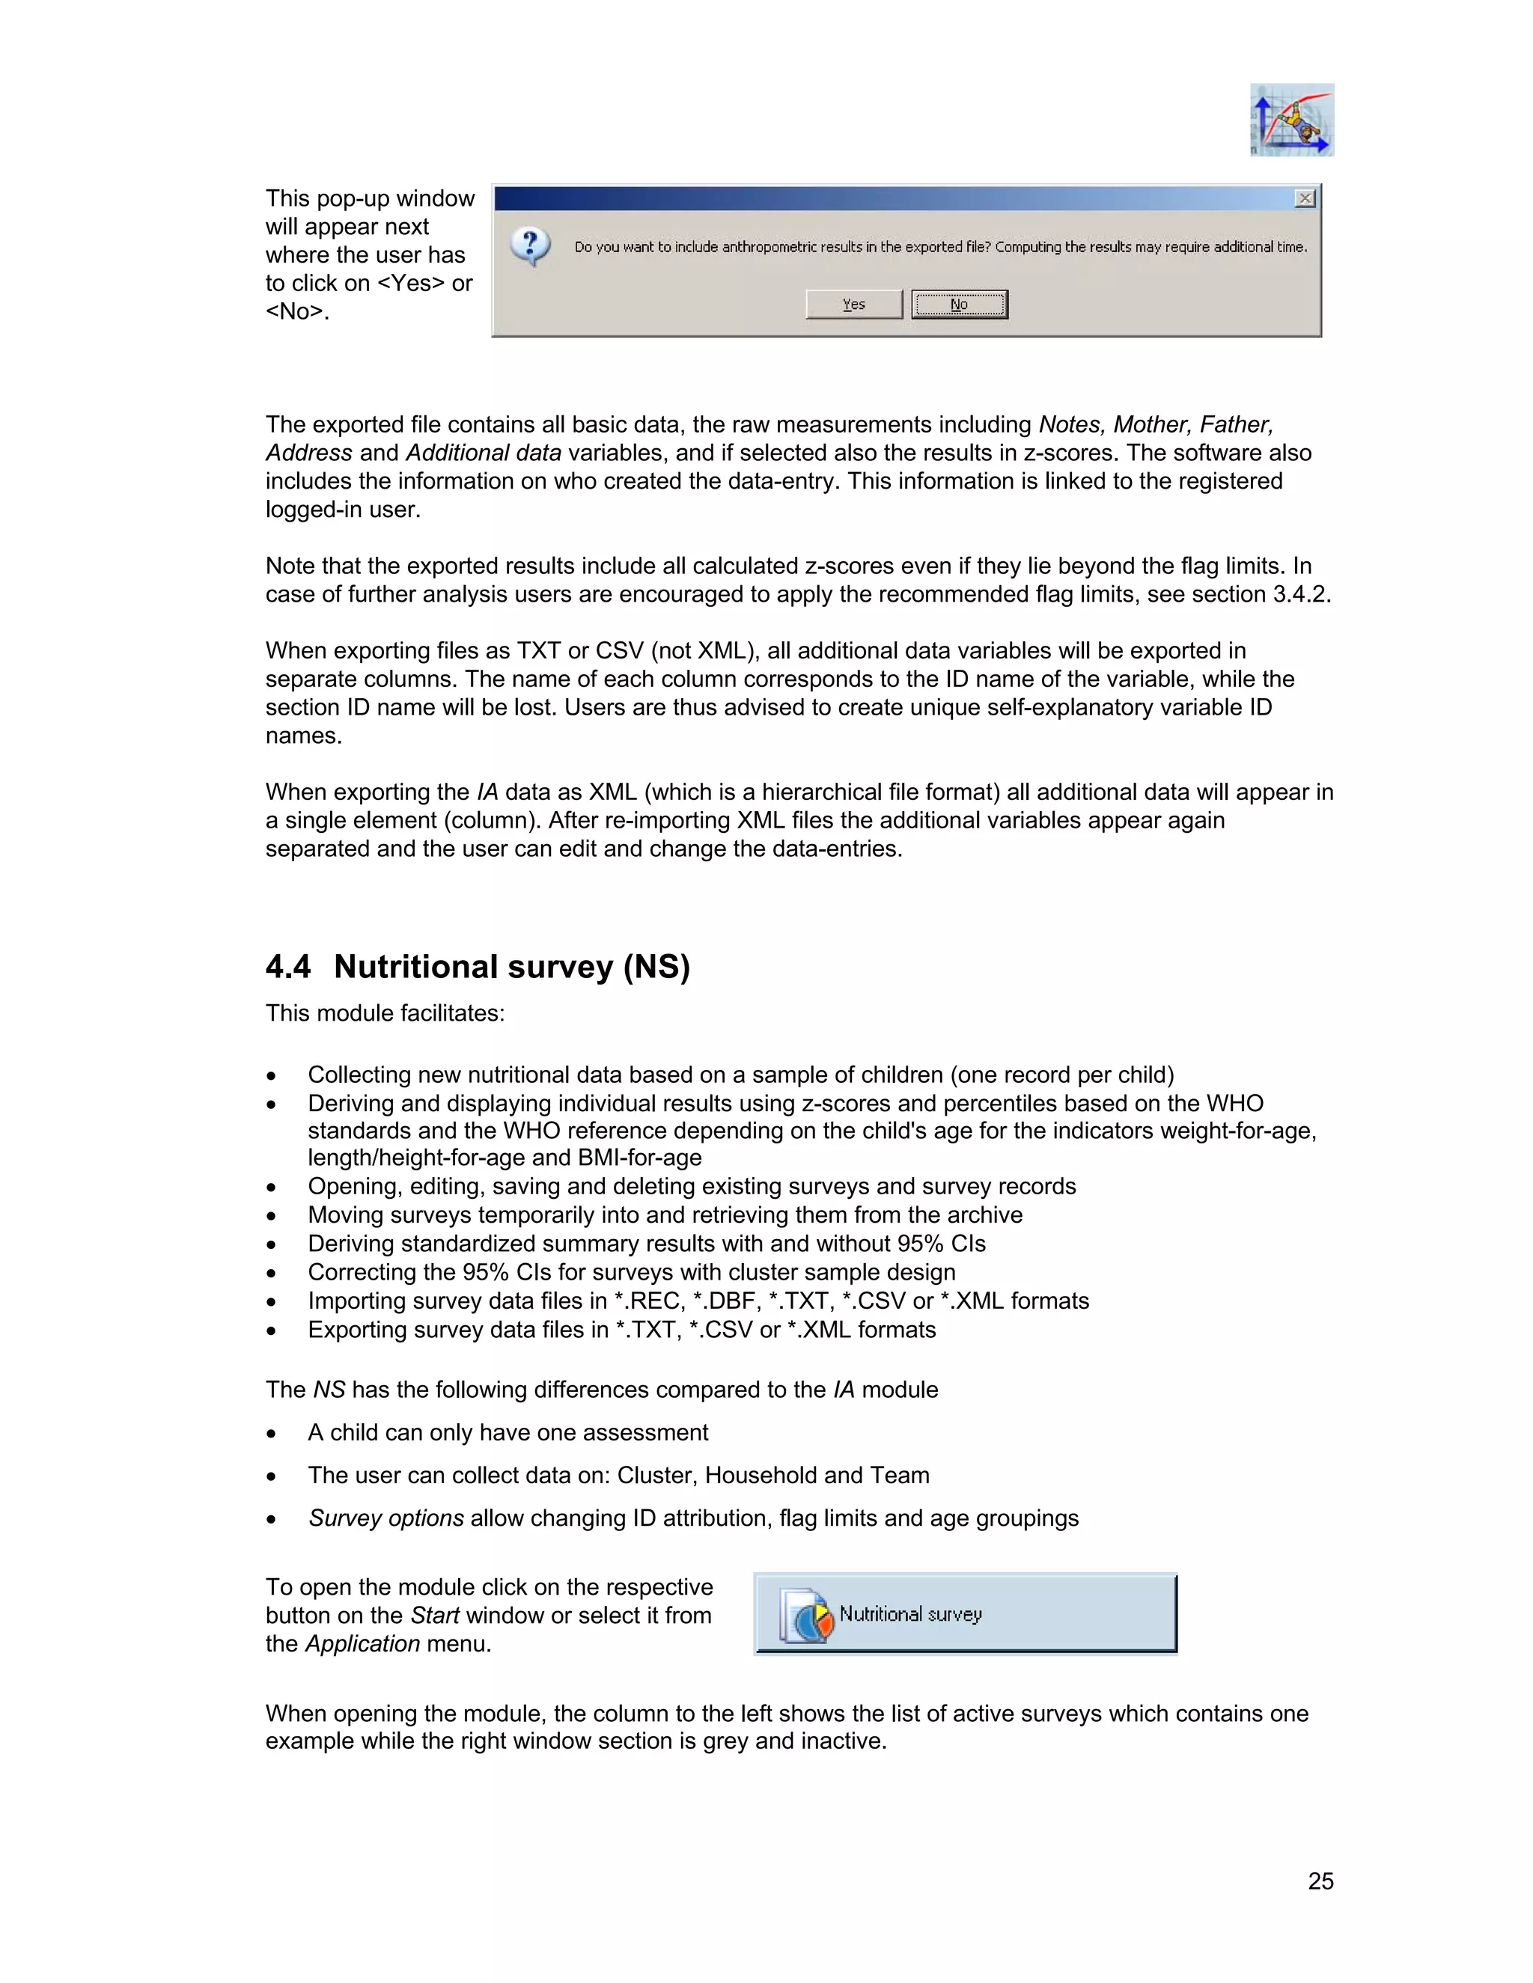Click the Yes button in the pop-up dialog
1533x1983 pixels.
[853, 304]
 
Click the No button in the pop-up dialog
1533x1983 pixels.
[959, 304]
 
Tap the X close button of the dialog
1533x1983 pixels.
[1304, 198]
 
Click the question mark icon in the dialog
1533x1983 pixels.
[531, 246]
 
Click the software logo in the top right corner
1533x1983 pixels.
[1291, 120]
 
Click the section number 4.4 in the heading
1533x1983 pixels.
[288, 966]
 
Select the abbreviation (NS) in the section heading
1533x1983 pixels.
[656, 966]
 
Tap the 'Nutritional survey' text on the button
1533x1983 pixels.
[910, 1613]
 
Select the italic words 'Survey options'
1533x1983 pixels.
[386, 1518]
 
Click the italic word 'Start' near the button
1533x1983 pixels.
[435, 1616]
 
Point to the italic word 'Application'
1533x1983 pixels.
[362, 1643]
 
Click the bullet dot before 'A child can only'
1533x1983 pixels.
[271, 1434]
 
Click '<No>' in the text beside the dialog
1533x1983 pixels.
[294, 311]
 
